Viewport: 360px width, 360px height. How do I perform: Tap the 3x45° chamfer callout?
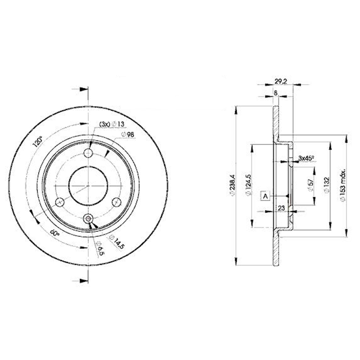tap(306, 158)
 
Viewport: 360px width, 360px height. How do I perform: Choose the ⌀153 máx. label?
tap(343, 186)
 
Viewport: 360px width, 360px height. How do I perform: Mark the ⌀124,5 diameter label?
tap(247, 186)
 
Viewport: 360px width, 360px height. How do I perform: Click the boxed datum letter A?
tap(265, 196)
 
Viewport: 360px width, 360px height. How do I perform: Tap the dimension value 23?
tap(281, 208)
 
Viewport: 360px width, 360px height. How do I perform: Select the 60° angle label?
tap(54, 233)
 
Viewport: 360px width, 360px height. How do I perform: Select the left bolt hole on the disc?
tap(58, 201)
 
